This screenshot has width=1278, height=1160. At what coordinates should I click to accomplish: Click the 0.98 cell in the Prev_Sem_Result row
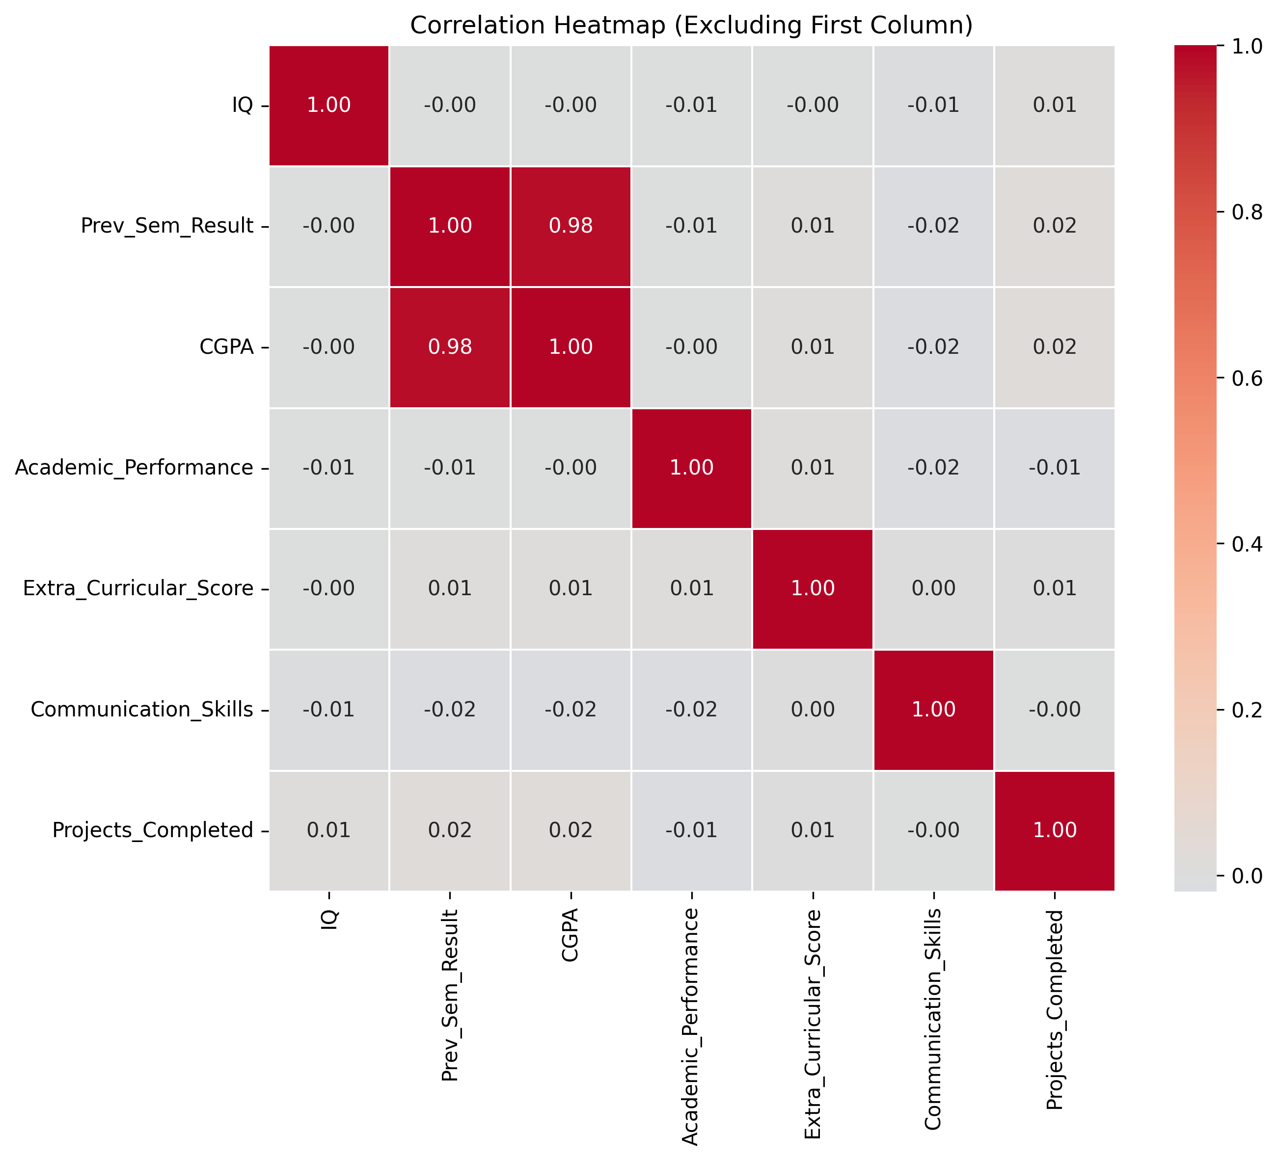pos(571,226)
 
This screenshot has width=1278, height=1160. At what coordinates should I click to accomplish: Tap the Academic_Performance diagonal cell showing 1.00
pos(692,468)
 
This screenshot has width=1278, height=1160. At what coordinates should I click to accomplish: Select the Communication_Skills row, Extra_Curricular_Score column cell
pos(813,710)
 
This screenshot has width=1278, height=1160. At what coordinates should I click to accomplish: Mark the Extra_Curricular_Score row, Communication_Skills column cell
pos(933,588)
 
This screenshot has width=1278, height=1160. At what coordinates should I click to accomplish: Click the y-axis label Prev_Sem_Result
pos(167,226)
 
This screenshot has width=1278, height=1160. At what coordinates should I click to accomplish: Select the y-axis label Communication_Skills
pos(142,710)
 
